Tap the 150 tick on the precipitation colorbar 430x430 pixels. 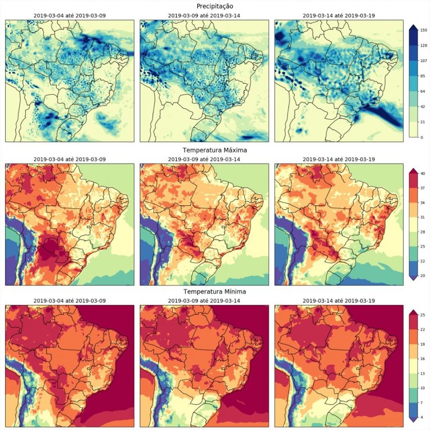[x=425, y=29]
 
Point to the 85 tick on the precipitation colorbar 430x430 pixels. [x=425, y=76]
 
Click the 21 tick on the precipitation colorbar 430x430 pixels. [x=425, y=122]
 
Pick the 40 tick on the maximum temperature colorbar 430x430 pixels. [x=425, y=173]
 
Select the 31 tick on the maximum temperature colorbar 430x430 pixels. [x=425, y=219]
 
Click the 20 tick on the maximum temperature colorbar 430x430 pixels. [x=425, y=276]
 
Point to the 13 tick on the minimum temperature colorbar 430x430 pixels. [x=425, y=373]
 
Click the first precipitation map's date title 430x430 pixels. [x=69, y=15]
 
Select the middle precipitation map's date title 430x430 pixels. [x=205, y=15]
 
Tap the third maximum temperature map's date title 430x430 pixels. [x=339, y=158]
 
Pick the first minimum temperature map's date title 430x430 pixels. [x=69, y=300]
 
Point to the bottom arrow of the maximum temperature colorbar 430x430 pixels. [x=413, y=279]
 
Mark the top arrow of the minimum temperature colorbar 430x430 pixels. [x=413, y=312]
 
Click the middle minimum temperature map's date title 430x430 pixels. [x=205, y=300]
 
